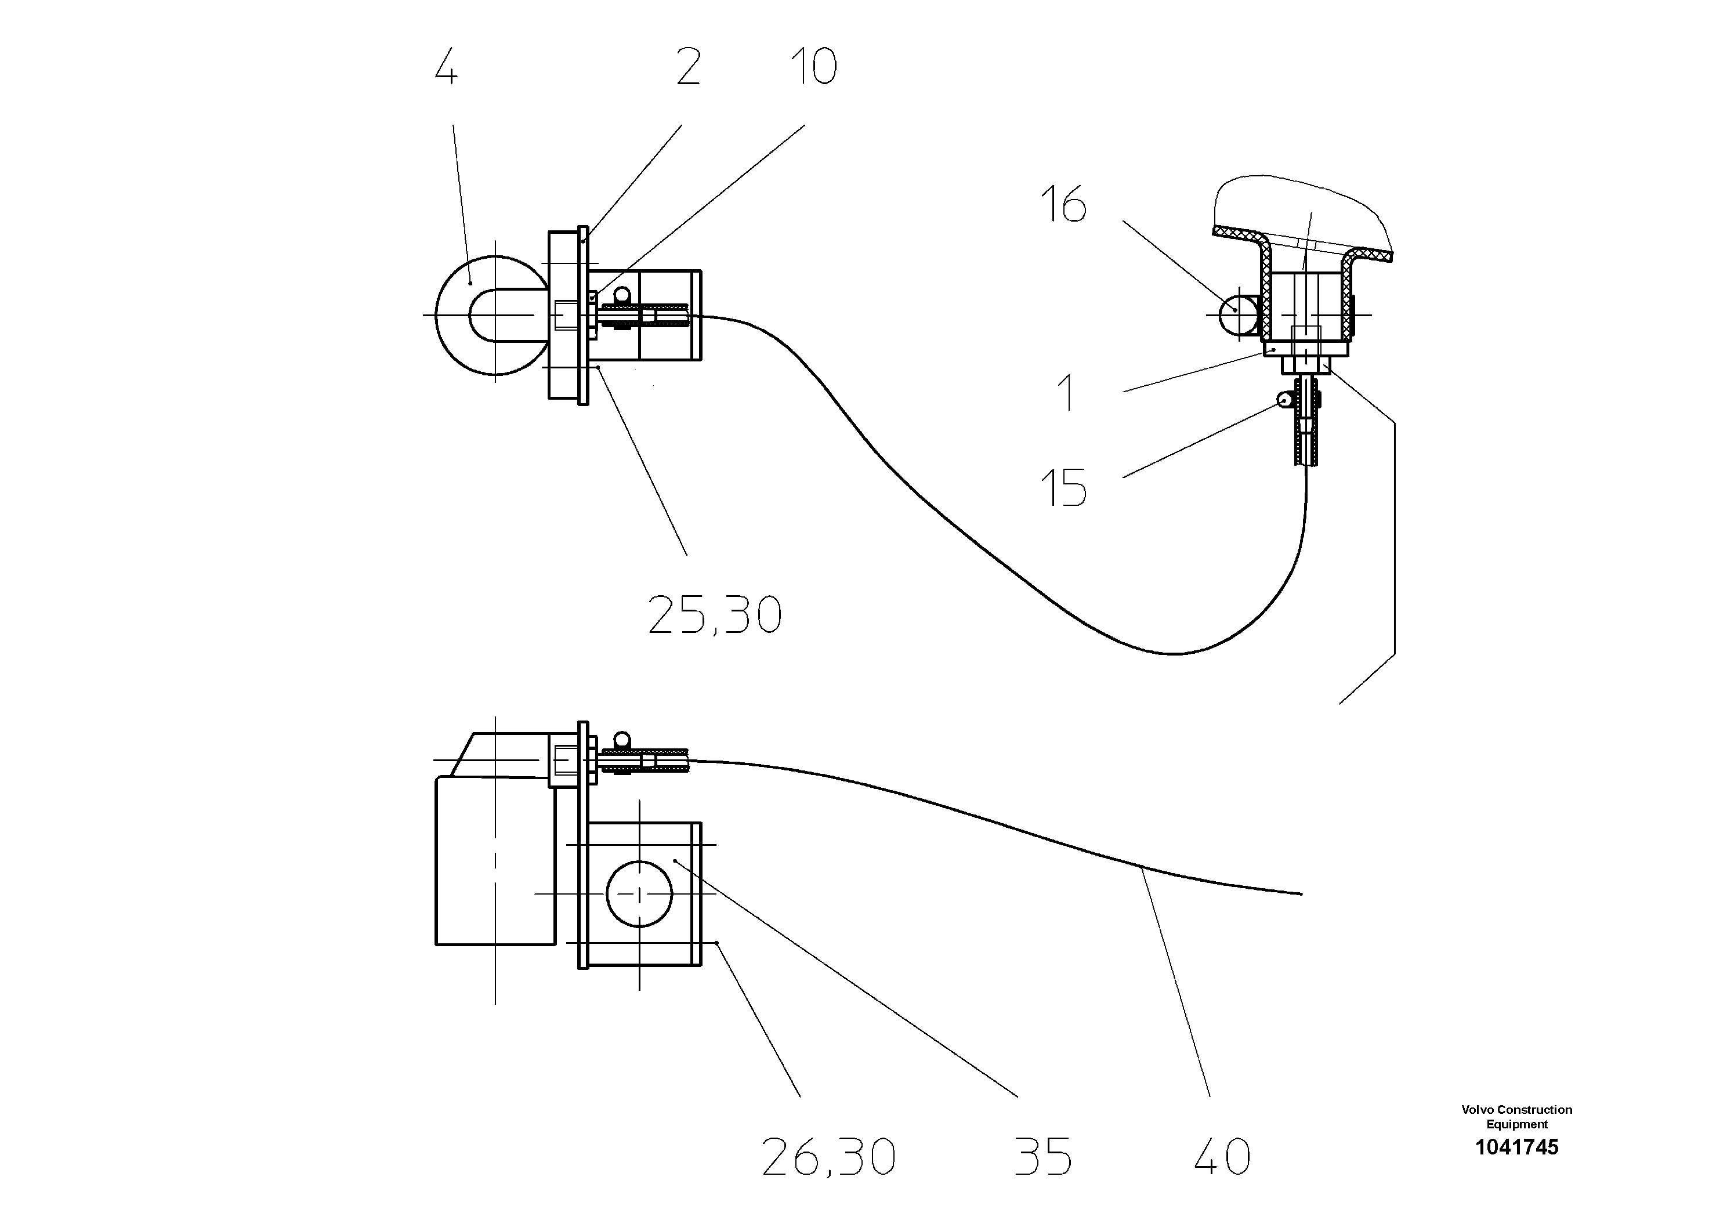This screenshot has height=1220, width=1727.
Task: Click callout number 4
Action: (447, 68)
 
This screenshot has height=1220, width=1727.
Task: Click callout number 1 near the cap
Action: (1066, 392)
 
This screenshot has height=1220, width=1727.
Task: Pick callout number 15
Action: (1063, 487)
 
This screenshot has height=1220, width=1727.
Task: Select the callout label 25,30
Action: (715, 616)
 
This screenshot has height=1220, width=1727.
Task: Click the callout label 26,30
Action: (828, 1157)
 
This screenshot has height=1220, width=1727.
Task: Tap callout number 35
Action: (1042, 1157)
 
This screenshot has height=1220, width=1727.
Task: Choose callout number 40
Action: (1222, 1157)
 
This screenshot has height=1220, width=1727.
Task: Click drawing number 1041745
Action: (1516, 1147)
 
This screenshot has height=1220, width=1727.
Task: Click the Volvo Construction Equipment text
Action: (1516, 1117)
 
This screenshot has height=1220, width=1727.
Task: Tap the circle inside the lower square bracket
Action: (639, 893)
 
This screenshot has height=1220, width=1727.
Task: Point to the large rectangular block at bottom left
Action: (495, 861)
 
